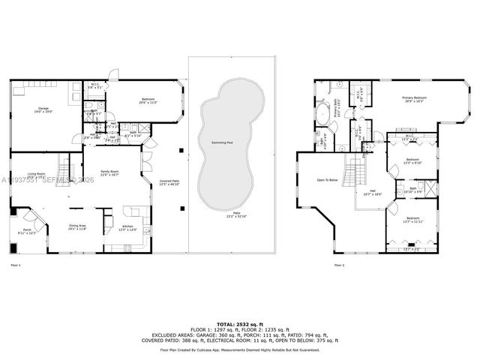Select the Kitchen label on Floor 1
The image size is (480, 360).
(x=127, y=227)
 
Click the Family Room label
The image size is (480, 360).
(x=110, y=172)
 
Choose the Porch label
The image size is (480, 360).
(x=27, y=231)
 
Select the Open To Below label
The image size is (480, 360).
(x=327, y=180)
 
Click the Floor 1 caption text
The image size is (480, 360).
(x=16, y=265)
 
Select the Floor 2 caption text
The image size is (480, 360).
(x=339, y=265)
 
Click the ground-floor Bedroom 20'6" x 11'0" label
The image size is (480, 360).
(x=148, y=100)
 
